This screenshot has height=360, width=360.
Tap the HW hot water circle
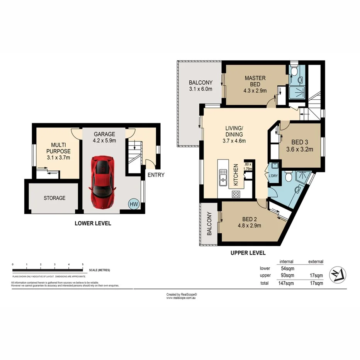tap(134, 204)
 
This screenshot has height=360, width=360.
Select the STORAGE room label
tap(54, 198)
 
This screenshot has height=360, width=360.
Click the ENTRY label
tap(156, 175)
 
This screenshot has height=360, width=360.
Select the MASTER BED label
tap(255, 81)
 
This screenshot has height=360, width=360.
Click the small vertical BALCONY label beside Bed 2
tap(209, 224)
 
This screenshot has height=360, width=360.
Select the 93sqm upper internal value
tap(287, 275)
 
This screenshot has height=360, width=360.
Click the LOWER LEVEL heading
tap(93, 223)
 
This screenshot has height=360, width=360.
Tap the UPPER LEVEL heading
tap(248, 253)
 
